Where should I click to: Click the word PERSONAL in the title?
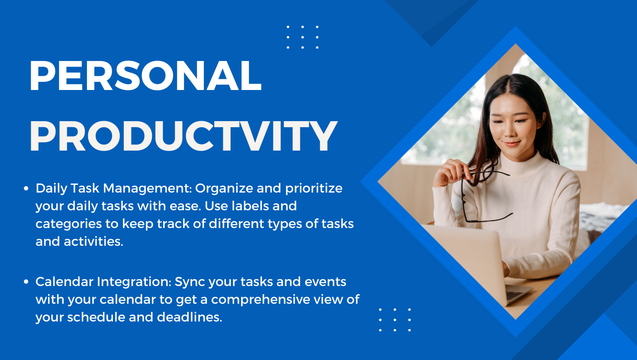pos(145,76)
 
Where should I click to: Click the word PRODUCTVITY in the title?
pos(183,136)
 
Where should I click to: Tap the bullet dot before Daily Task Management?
pos(26,189)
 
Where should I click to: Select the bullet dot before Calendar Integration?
pos(26,282)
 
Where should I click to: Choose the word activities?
pos(93,241)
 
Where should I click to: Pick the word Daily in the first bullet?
pos(51,189)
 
